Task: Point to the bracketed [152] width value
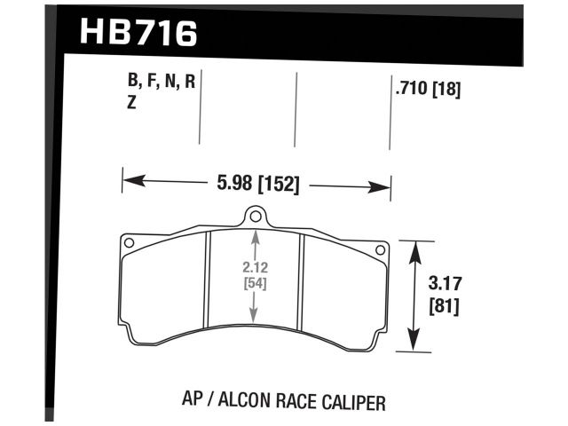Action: click(x=278, y=185)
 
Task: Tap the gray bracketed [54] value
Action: click(x=256, y=283)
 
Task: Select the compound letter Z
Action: click(x=132, y=102)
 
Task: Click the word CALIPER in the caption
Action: click(x=351, y=402)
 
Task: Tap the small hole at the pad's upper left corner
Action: click(x=130, y=241)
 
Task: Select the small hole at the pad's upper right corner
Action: click(x=382, y=249)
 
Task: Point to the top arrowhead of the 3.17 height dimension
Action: click(x=413, y=248)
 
